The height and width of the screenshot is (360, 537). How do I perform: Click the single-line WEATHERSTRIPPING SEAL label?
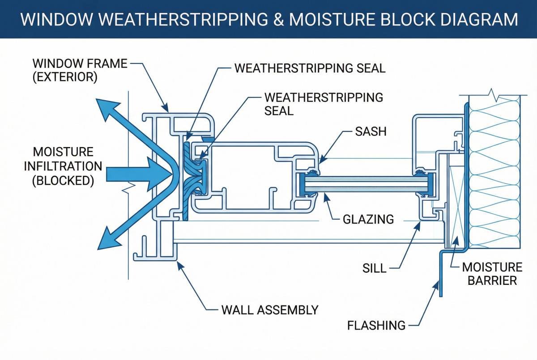tap(310, 68)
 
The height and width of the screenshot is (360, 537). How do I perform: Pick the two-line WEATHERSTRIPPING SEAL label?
tap(324, 104)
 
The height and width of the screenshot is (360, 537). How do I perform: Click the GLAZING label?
tap(368, 219)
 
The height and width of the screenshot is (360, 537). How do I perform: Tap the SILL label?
tap(374, 268)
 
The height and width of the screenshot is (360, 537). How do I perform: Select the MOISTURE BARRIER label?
tap(492, 274)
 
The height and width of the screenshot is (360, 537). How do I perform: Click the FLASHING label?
tap(376, 325)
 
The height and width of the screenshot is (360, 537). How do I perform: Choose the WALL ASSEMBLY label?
tap(270, 309)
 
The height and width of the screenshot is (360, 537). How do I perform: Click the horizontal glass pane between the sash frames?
tap(365, 184)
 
